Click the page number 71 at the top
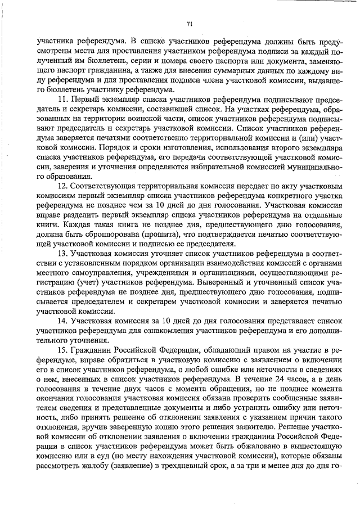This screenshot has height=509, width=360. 190,23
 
